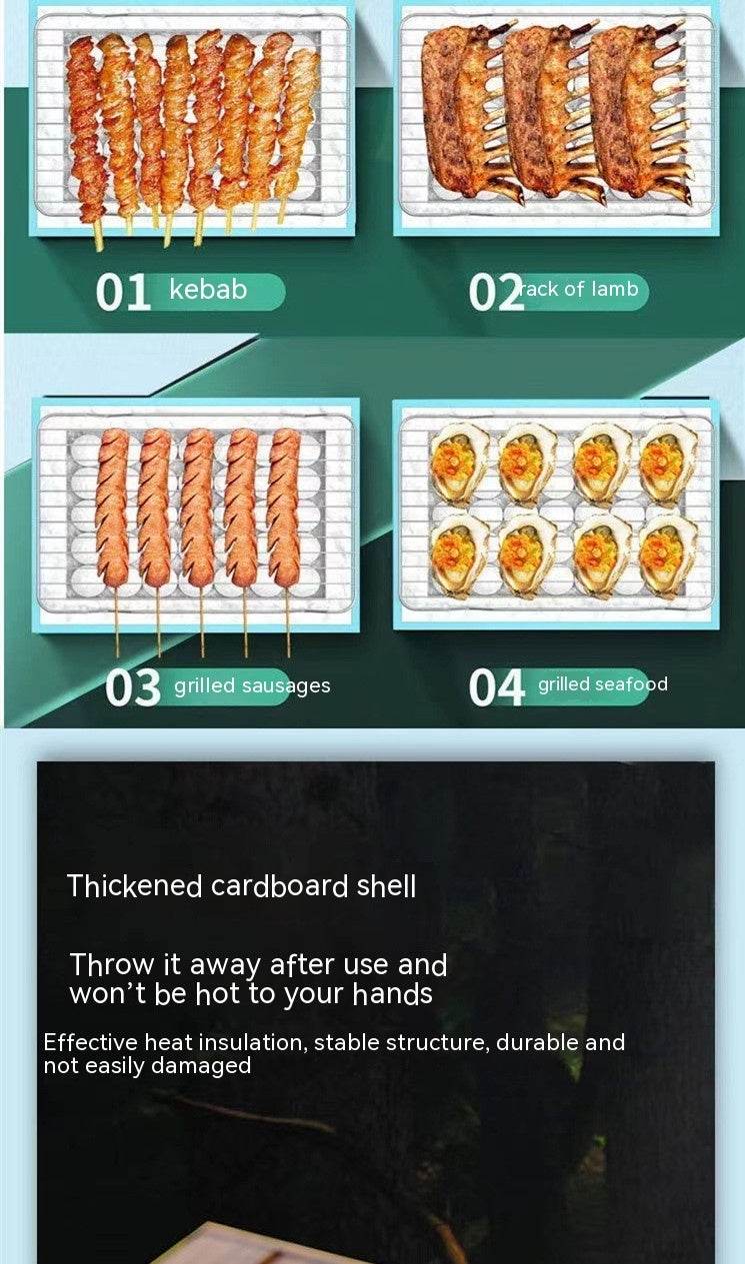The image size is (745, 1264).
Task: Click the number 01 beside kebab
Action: tap(123, 292)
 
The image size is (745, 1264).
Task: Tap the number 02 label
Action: tap(496, 292)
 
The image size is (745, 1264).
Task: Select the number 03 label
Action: tap(133, 686)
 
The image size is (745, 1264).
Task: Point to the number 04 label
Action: tap(496, 686)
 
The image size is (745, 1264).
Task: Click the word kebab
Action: tap(208, 290)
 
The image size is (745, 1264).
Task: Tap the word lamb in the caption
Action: tap(615, 289)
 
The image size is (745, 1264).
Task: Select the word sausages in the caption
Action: tap(286, 686)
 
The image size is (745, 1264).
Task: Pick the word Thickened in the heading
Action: tap(134, 886)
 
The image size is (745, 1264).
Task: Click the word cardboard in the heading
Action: tap(280, 886)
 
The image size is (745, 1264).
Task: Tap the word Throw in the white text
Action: tap(111, 964)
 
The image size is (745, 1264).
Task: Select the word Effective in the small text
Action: tap(90, 1042)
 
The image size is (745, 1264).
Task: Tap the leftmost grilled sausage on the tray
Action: tap(112, 508)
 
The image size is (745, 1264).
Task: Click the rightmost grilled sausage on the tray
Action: tap(284, 508)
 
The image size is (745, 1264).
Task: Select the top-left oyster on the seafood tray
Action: tap(459, 463)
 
